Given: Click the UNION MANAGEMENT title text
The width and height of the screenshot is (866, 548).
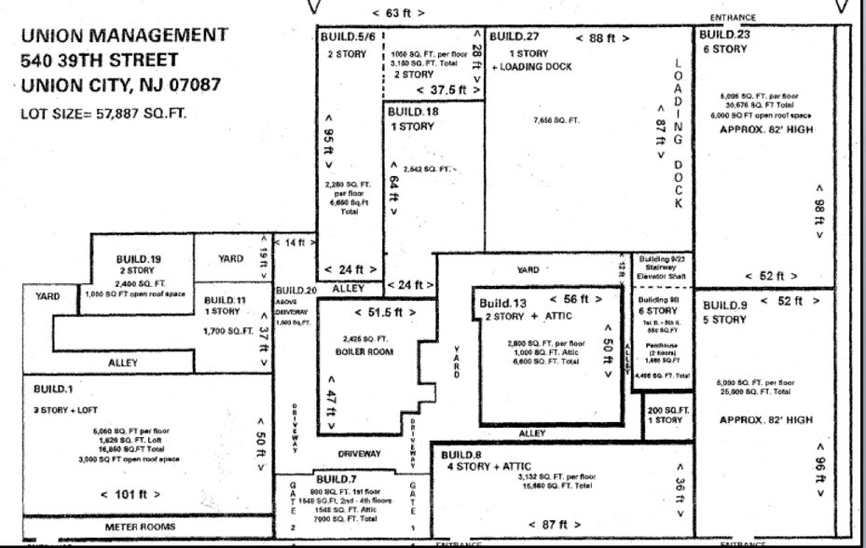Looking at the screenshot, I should pos(124,35).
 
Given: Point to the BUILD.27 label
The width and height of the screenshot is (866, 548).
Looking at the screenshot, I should pos(515,37).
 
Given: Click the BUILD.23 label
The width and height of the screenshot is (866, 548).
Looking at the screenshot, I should pos(724,35).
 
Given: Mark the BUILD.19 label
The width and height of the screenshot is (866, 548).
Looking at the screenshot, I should pos(139,258).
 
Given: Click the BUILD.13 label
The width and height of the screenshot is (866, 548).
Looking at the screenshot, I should pos(503,303).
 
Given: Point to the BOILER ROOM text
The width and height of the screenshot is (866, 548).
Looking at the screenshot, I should pos(364,352).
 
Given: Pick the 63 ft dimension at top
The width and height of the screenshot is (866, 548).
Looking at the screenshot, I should pos(398,13).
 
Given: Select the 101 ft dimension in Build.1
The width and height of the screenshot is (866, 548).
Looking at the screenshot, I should pos(131,494).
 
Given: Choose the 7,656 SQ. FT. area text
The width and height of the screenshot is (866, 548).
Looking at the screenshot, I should pos(556,120).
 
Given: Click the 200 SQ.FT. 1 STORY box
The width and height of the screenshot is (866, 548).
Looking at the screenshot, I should pos(667,415).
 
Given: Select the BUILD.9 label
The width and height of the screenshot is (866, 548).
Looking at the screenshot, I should pos(724,306).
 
